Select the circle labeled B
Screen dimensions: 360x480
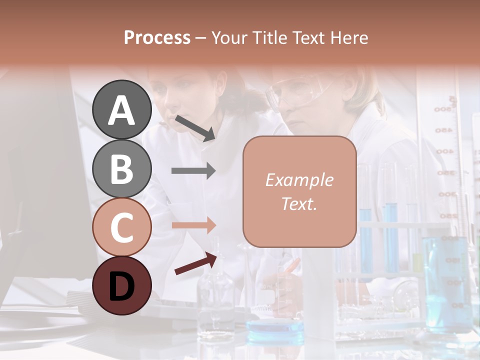click(122, 168)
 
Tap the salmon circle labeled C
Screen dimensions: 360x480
click(122, 227)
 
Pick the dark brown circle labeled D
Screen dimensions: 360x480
click(122, 285)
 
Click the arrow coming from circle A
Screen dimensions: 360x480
click(194, 127)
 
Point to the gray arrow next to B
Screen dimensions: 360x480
click(193, 171)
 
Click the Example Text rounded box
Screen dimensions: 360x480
click(299, 191)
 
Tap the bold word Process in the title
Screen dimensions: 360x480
click(157, 37)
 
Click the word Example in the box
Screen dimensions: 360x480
click(299, 180)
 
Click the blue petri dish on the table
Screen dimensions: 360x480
click(275, 327)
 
